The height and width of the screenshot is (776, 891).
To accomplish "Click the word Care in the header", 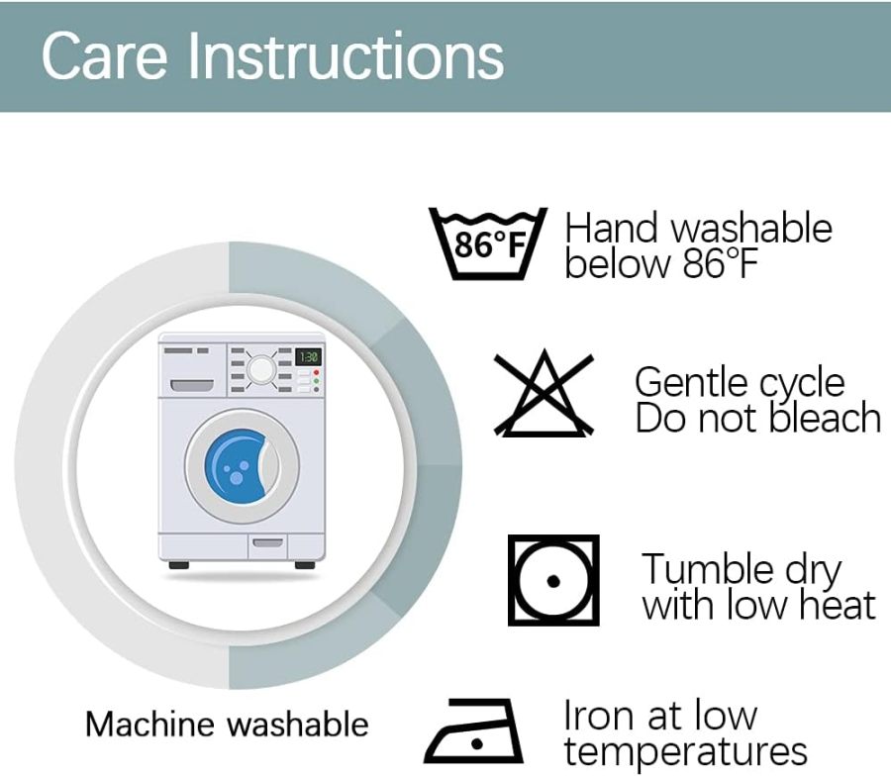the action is point(105,55).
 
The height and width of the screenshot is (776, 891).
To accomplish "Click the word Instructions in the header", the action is point(346,55).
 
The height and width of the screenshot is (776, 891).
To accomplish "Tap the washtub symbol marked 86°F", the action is point(487,243).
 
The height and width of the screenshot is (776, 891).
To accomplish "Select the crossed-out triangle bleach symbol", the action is point(544,393).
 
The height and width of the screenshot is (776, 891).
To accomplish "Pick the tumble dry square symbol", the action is point(553,580).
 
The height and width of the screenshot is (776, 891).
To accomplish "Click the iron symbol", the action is point(473,730).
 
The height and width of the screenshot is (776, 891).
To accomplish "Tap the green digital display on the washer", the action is point(309,356).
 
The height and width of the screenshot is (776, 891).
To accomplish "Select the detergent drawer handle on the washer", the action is point(192,386).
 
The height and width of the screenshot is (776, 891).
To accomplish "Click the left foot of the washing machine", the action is point(178,565).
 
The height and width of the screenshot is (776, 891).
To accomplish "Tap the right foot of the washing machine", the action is point(305,565).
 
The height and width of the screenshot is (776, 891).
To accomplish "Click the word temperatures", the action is point(685,752).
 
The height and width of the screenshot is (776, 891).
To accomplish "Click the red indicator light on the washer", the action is point(317,372).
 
